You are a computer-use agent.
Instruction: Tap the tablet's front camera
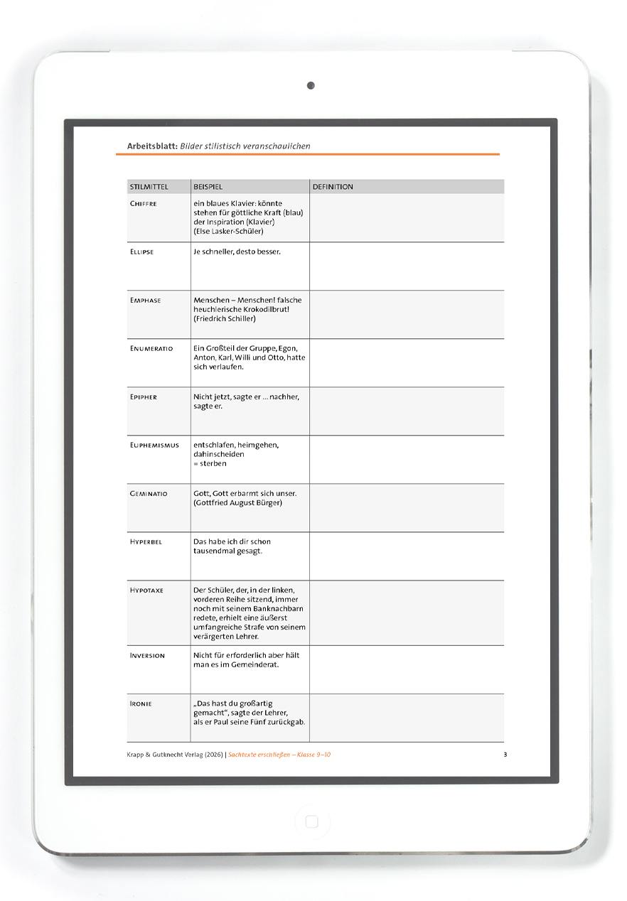pyautogui.click(x=311, y=85)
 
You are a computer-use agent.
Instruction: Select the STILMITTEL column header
pyautogui.click(x=149, y=187)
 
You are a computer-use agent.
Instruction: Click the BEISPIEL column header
pyautogui.click(x=208, y=187)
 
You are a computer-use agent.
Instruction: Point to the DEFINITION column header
pyautogui.click(x=333, y=187)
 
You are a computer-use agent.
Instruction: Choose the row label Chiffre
pyautogui.click(x=143, y=204)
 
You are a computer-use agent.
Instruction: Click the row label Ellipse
pyautogui.click(x=141, y=252)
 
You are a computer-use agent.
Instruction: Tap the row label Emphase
pyautogui.click(x=145, y=301)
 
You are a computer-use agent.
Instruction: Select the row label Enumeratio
pyautogui.click(x=151, y=349)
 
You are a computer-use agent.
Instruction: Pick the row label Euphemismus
pyautogui.click(x=154, y=446)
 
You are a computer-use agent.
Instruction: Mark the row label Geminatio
pyautogui.click(x=149, y=494)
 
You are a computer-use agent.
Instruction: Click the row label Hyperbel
pyautogui.click(x=146, y=542)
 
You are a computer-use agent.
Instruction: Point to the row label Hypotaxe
pyautogui.click(x=146, y=590)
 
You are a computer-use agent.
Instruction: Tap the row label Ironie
pyautogui.click(x=141, y=704)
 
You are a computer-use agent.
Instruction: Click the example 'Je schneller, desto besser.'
pyautogui.click(x=237, y=252)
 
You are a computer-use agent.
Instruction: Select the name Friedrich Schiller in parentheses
pyautogui.click(x=224, y=319)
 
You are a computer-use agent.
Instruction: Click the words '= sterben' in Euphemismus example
pyautogui.click(x=210, y=464)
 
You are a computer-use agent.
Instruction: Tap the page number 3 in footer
pyautogui.click(x=505, y=755)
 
